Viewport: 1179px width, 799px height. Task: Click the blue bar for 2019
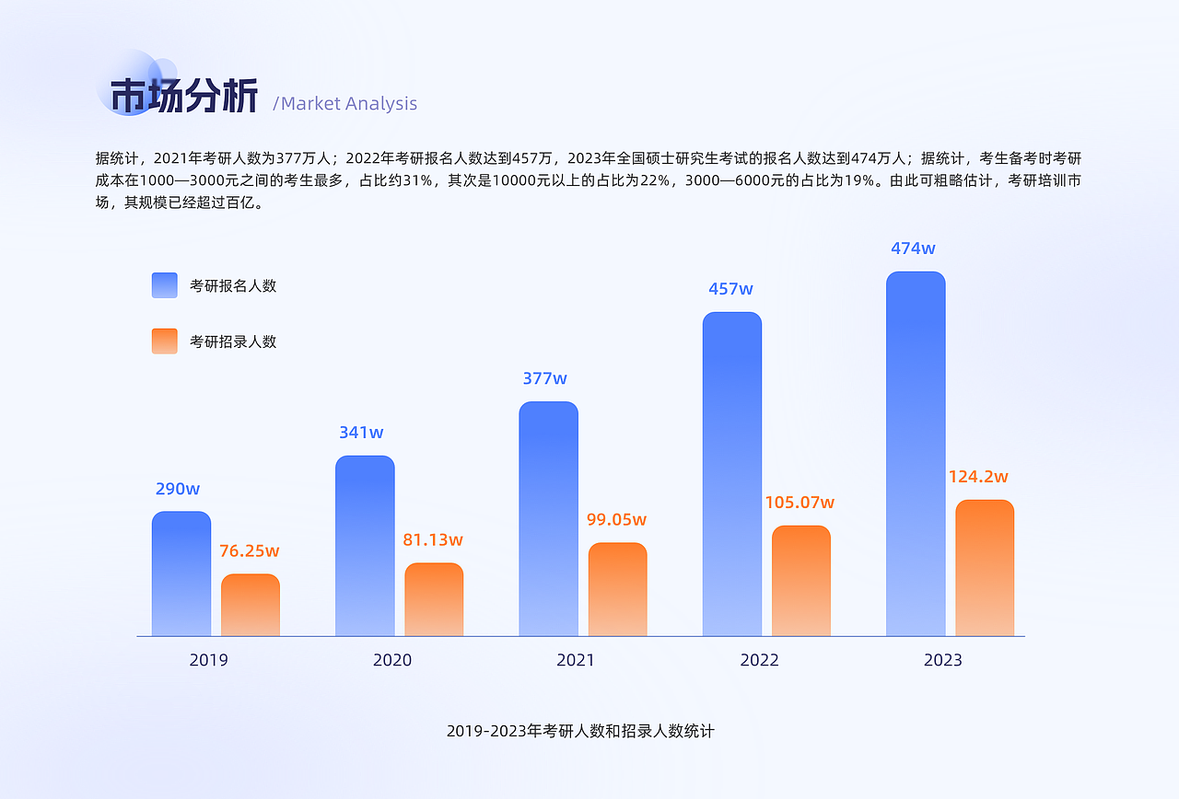click(x=181, y=573)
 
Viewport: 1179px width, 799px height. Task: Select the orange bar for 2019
click(x=251, y=605)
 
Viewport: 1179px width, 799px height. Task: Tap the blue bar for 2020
click(x=365, y=546)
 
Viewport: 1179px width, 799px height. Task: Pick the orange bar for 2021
click(x=618, y=589)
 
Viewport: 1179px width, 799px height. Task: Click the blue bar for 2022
click(x=732, y=474)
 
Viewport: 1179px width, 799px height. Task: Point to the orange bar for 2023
click(x=985, y=568)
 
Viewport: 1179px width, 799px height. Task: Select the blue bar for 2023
click(x=916, y=454)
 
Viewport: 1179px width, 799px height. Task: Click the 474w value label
click(x=913, y=249)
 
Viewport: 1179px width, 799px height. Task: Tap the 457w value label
click(x=730, y=289)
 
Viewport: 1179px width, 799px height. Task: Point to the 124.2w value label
click(x=978, y=477)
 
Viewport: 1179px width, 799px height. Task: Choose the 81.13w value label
click(x=433, y=540)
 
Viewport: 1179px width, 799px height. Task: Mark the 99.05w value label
click(x=616, y=520)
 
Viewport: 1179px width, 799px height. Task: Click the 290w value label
click(x=178, y=489)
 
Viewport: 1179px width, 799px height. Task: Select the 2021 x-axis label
click(x=576, y=660)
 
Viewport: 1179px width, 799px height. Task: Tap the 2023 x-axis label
click(x=942, y=660)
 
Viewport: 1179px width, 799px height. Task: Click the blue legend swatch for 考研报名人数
click(x=165, y=285)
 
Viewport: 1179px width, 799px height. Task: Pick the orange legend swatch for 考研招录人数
click(x=165, y=342)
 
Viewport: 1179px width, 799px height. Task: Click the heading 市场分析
click(x=184, y=97)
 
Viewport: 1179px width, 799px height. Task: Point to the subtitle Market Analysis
click(x=347, y=104)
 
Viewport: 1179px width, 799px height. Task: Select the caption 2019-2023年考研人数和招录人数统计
click(x=580, y=732)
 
